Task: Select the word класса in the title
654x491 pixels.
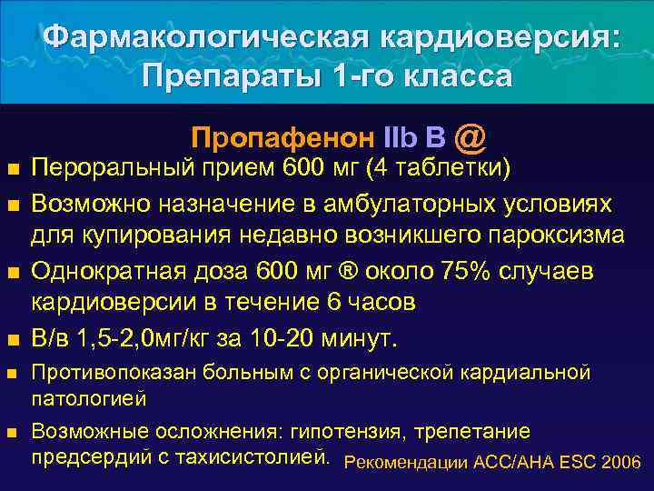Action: [451, 75]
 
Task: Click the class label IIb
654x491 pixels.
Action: [401, 137]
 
